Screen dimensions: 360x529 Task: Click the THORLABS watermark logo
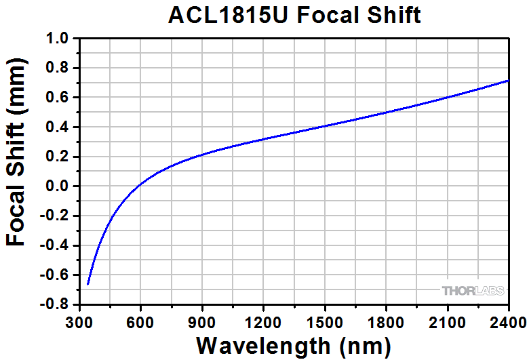coord(473,291)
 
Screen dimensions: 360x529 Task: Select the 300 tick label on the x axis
coord(80,320)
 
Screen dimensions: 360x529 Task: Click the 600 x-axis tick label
coord(140,320)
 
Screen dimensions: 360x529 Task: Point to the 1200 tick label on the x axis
coord(263,320)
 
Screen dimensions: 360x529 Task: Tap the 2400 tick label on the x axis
coord(508,320)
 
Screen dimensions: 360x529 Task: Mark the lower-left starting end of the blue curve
coord(88,284)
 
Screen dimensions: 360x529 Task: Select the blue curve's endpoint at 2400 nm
coord(508,81)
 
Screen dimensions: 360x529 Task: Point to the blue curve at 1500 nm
coord(325,126)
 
